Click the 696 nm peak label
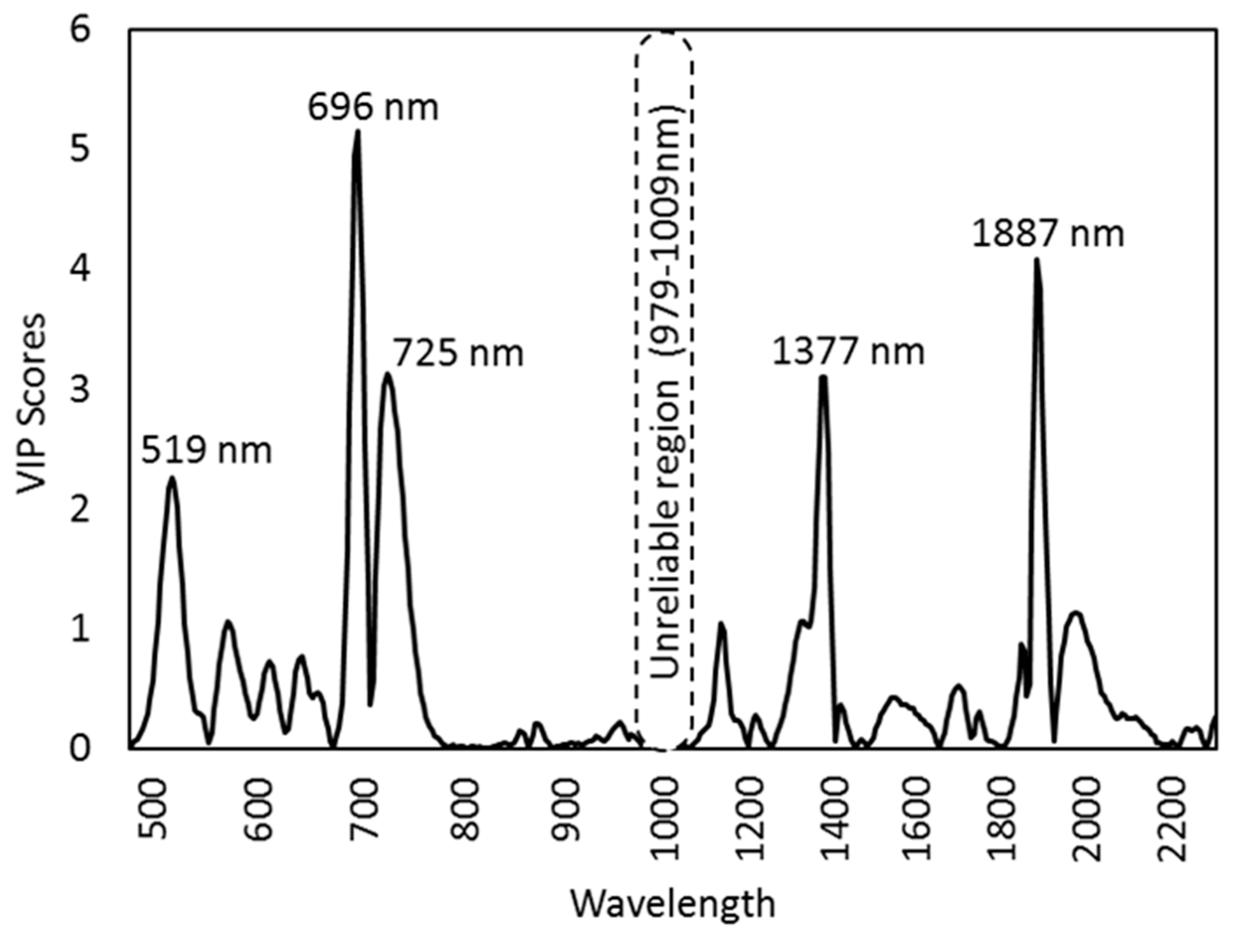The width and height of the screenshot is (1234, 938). pos(373,107)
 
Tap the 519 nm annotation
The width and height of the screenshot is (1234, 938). pos(206,450)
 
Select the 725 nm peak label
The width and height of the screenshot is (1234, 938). pos(458,353)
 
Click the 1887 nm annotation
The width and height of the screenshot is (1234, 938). pos(1048,233)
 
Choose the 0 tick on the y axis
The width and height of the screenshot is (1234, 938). pos(80,748)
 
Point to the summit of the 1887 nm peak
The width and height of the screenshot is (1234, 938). pos(1037,260)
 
